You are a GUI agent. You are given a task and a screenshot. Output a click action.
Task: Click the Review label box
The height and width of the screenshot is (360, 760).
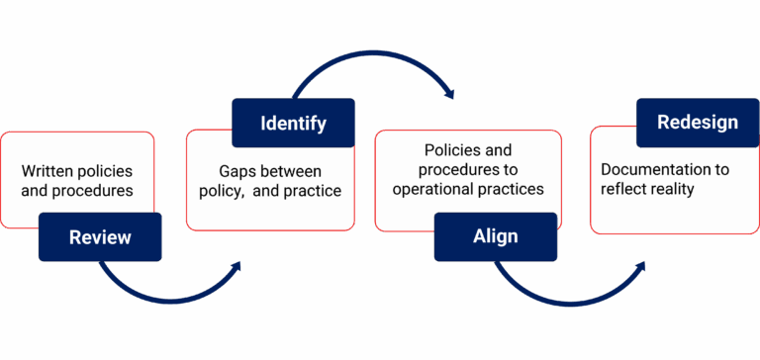[x=100, y=237]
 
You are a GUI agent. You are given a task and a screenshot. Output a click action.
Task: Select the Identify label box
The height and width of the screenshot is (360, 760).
[x=293, y=124]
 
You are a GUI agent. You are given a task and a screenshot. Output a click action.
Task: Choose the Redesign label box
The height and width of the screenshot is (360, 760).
[x=698, y=123]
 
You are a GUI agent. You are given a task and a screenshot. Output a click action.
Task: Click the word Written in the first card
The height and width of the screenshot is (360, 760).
[x=49, y=171]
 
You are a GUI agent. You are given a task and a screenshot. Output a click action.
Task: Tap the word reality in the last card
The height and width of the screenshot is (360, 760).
[x=672, y=189]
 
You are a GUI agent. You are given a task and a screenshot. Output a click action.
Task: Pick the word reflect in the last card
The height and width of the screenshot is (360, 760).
[x=623, y=189]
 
